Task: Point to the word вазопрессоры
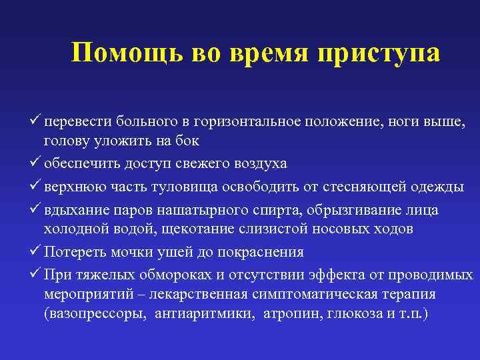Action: click(x=95, y=313)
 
